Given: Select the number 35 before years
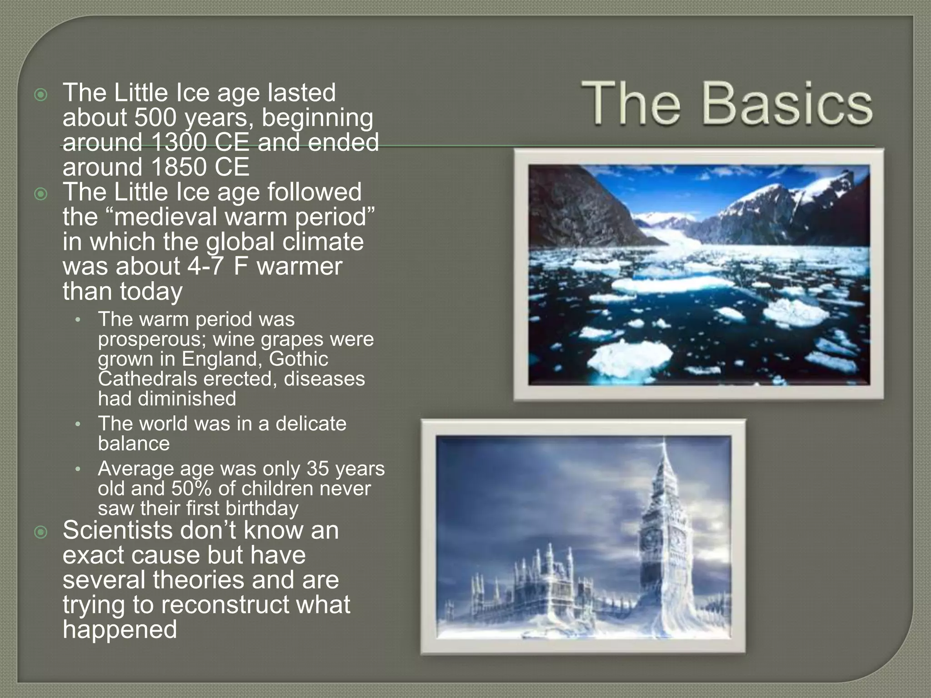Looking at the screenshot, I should click(318, 469).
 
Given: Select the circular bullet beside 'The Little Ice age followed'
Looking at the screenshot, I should click(41, 194).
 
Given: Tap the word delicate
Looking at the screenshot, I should click(311, 424).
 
